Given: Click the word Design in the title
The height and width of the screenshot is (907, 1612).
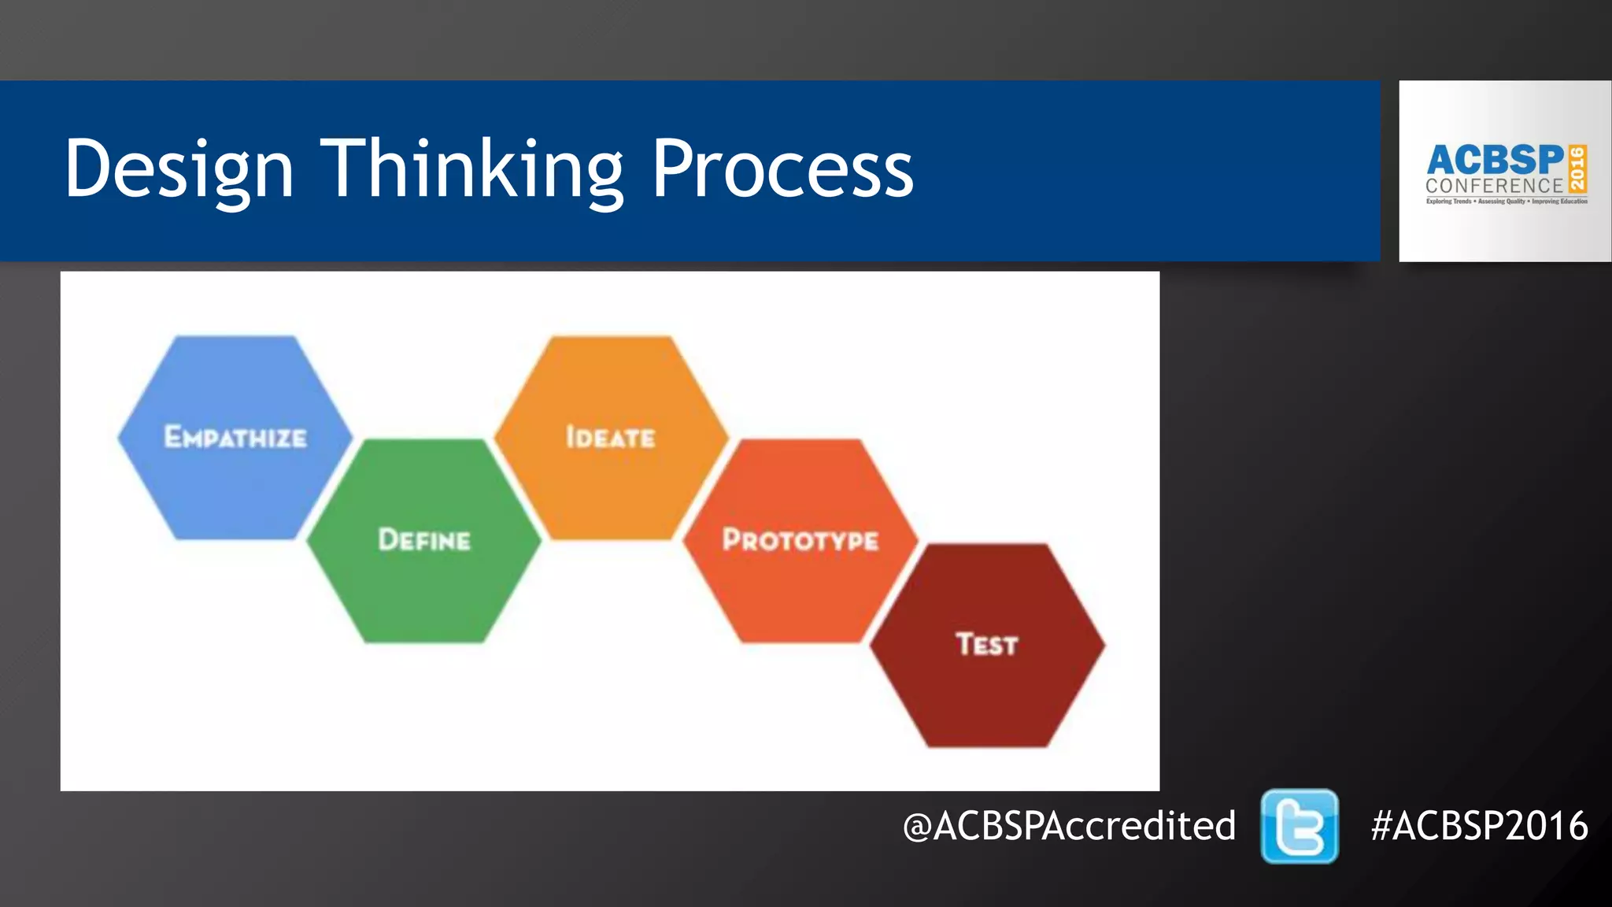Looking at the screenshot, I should [179, 168].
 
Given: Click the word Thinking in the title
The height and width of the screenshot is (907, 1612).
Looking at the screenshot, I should [472, 168].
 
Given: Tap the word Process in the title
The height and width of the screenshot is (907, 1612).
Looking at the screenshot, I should [782, 168].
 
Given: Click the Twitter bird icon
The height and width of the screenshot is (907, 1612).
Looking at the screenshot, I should [1300, 826].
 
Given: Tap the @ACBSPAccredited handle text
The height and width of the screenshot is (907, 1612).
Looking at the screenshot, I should [1069, 826].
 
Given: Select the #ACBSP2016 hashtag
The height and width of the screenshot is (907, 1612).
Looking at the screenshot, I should [1479, 826].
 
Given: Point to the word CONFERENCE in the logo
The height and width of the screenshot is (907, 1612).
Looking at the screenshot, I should [1494, 186].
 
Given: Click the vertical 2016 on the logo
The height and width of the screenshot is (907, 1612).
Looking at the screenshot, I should [1577, 168].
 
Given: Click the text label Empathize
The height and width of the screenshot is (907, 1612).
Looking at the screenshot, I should [235, 437].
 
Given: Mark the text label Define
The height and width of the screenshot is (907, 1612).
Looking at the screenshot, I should [423, 540].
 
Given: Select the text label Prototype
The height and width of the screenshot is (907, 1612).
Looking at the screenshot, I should [800, 540].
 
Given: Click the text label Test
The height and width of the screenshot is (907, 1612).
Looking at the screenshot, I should [987, 644].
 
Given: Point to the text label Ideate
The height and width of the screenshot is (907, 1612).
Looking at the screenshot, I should [611, 437].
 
